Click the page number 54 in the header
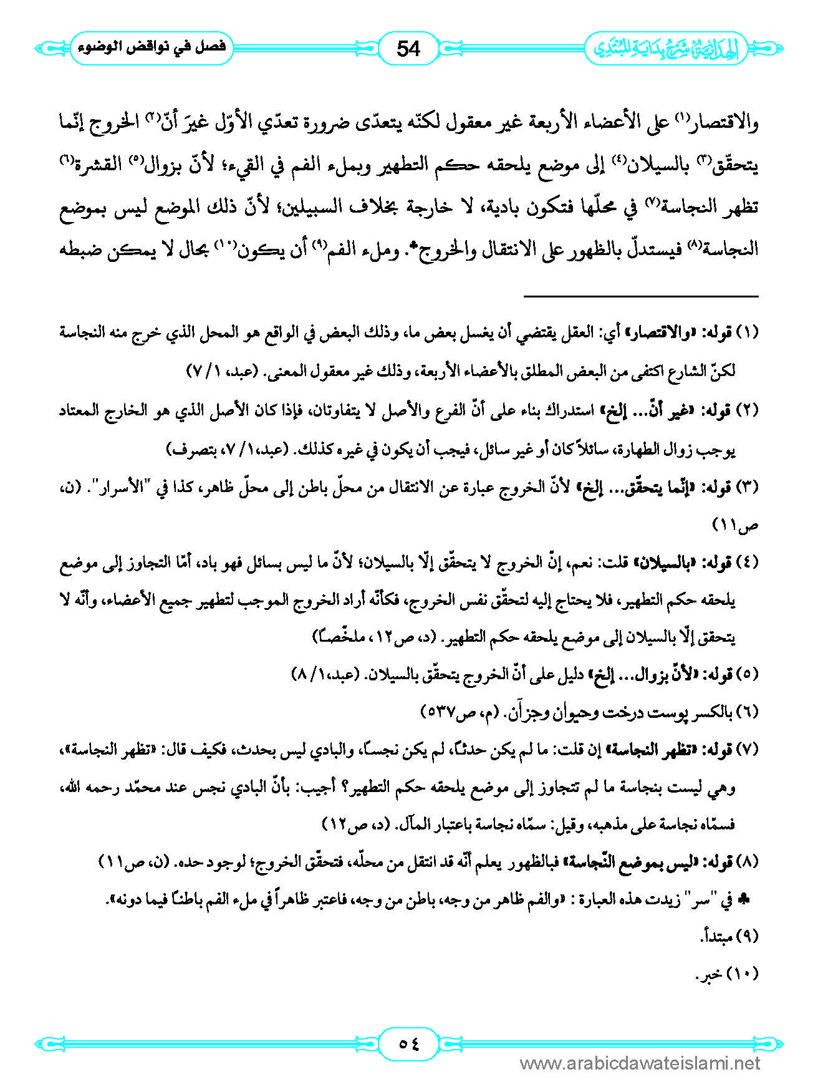408,48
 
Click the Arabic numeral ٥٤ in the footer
409,1043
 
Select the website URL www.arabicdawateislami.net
640,1063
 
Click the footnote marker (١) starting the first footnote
748,332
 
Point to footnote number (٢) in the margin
748,410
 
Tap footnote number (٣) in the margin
748,487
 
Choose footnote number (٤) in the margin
748,562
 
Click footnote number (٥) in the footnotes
748,674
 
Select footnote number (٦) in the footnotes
748,712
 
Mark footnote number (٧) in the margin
748,750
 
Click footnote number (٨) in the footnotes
748,862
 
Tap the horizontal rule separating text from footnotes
640,296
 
